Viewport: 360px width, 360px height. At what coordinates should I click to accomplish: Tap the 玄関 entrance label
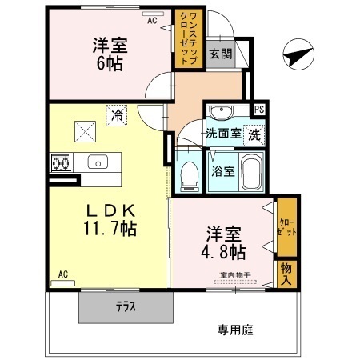coord(221,54)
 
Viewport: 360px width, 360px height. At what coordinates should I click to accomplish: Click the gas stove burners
coord(59,163)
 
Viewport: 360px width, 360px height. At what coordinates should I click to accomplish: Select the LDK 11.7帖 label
coord(110,219)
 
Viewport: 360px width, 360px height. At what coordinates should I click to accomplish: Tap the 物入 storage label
coord(287,272)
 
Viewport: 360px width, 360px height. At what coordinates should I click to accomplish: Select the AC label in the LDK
coord(64,274)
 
